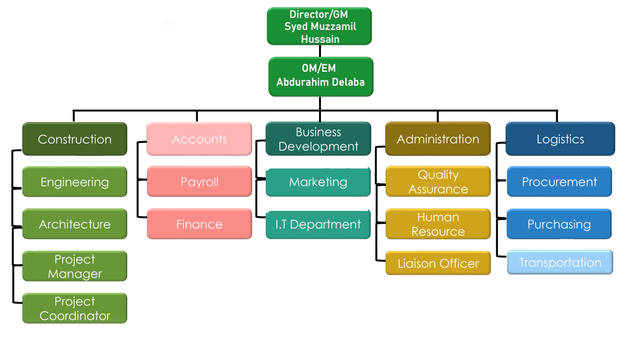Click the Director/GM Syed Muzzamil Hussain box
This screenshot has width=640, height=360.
(x=319, y=26)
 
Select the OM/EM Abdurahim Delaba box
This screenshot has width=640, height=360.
(x=321, y=77)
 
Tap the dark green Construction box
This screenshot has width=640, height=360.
(x=75, y=139)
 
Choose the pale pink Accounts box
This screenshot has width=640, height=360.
(x=199, y=139)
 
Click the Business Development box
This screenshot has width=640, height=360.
(x=318, y=139)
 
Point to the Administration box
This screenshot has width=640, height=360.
(x=438, y=139)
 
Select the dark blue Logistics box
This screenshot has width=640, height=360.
(x=560, y=139)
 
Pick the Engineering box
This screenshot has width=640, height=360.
(x=75, y=182)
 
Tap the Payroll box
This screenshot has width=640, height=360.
(x=199, y=182)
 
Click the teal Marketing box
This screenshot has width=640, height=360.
(x=318, y=182)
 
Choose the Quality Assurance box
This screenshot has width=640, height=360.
(x=438, y=182)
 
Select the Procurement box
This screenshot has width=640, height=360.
(x=559, y=182)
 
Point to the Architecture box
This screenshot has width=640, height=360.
(x=75, y=224)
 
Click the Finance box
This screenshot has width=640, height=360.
(x=199, y=224)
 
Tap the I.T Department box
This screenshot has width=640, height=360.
(x=318, y=224)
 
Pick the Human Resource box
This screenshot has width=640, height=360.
(x=438, y=224)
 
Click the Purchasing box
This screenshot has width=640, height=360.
(x=559, y=224)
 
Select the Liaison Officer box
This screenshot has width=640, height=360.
(x=438, y=263)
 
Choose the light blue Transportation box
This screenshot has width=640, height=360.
(x=560, y=262)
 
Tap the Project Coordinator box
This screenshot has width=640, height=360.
(x=75, y=308)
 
